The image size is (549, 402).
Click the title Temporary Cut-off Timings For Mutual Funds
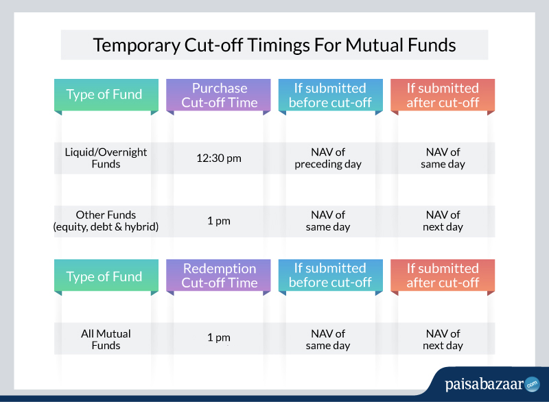[274, 45]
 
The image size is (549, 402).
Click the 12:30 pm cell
[219, 158]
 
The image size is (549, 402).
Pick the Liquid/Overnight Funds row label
[106, 158]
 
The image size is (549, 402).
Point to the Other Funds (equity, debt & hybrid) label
[106, 221]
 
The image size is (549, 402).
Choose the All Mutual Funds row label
[106, 340]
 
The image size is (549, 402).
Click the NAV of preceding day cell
[328, 158]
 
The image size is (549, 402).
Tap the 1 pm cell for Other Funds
[219, 221]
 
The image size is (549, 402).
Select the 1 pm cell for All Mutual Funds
[219, 338]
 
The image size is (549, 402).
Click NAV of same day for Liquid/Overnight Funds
[443, 158]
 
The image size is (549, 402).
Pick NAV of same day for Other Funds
[328, 221]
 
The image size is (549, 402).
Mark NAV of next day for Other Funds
[443, 221]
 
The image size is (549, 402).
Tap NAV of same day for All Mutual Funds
[328, 340]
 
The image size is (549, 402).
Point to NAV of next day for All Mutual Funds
[443, 340]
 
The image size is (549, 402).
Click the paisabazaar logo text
[484, 384]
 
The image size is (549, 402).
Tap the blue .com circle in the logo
[533, 384]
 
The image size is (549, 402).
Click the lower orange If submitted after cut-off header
[443, 275]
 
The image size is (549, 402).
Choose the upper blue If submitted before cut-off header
[331, 95]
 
